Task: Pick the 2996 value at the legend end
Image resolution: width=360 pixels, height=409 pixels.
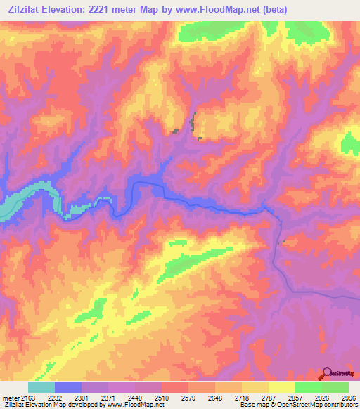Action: tap(349, 398)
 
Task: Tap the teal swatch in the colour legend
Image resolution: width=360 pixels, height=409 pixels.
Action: tap(41, 387)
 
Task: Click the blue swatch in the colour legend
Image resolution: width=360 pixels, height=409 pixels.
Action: tap(68, 387)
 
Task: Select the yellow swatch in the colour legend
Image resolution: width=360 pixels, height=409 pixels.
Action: tap(281, 387)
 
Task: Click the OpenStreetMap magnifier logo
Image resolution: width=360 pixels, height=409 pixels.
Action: tap(327, 373)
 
